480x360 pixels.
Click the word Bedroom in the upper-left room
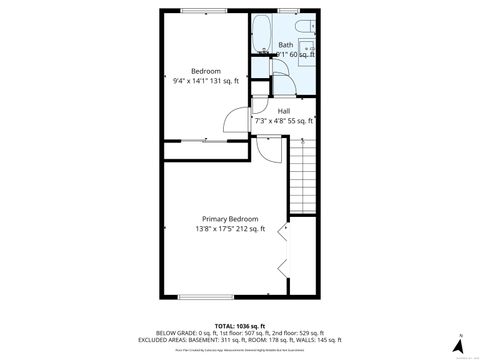(x=206, y=70)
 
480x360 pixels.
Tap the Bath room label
(x=285, y=45)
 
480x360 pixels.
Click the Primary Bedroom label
(x=230, y=219)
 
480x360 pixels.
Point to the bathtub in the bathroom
(x=262, y=33)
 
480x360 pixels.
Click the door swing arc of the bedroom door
(x=232, y=121)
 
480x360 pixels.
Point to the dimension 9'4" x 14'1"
(x=206, y=81)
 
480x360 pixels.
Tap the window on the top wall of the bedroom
(x=204, y=11)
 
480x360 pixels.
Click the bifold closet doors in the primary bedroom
(x=283, y=249)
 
